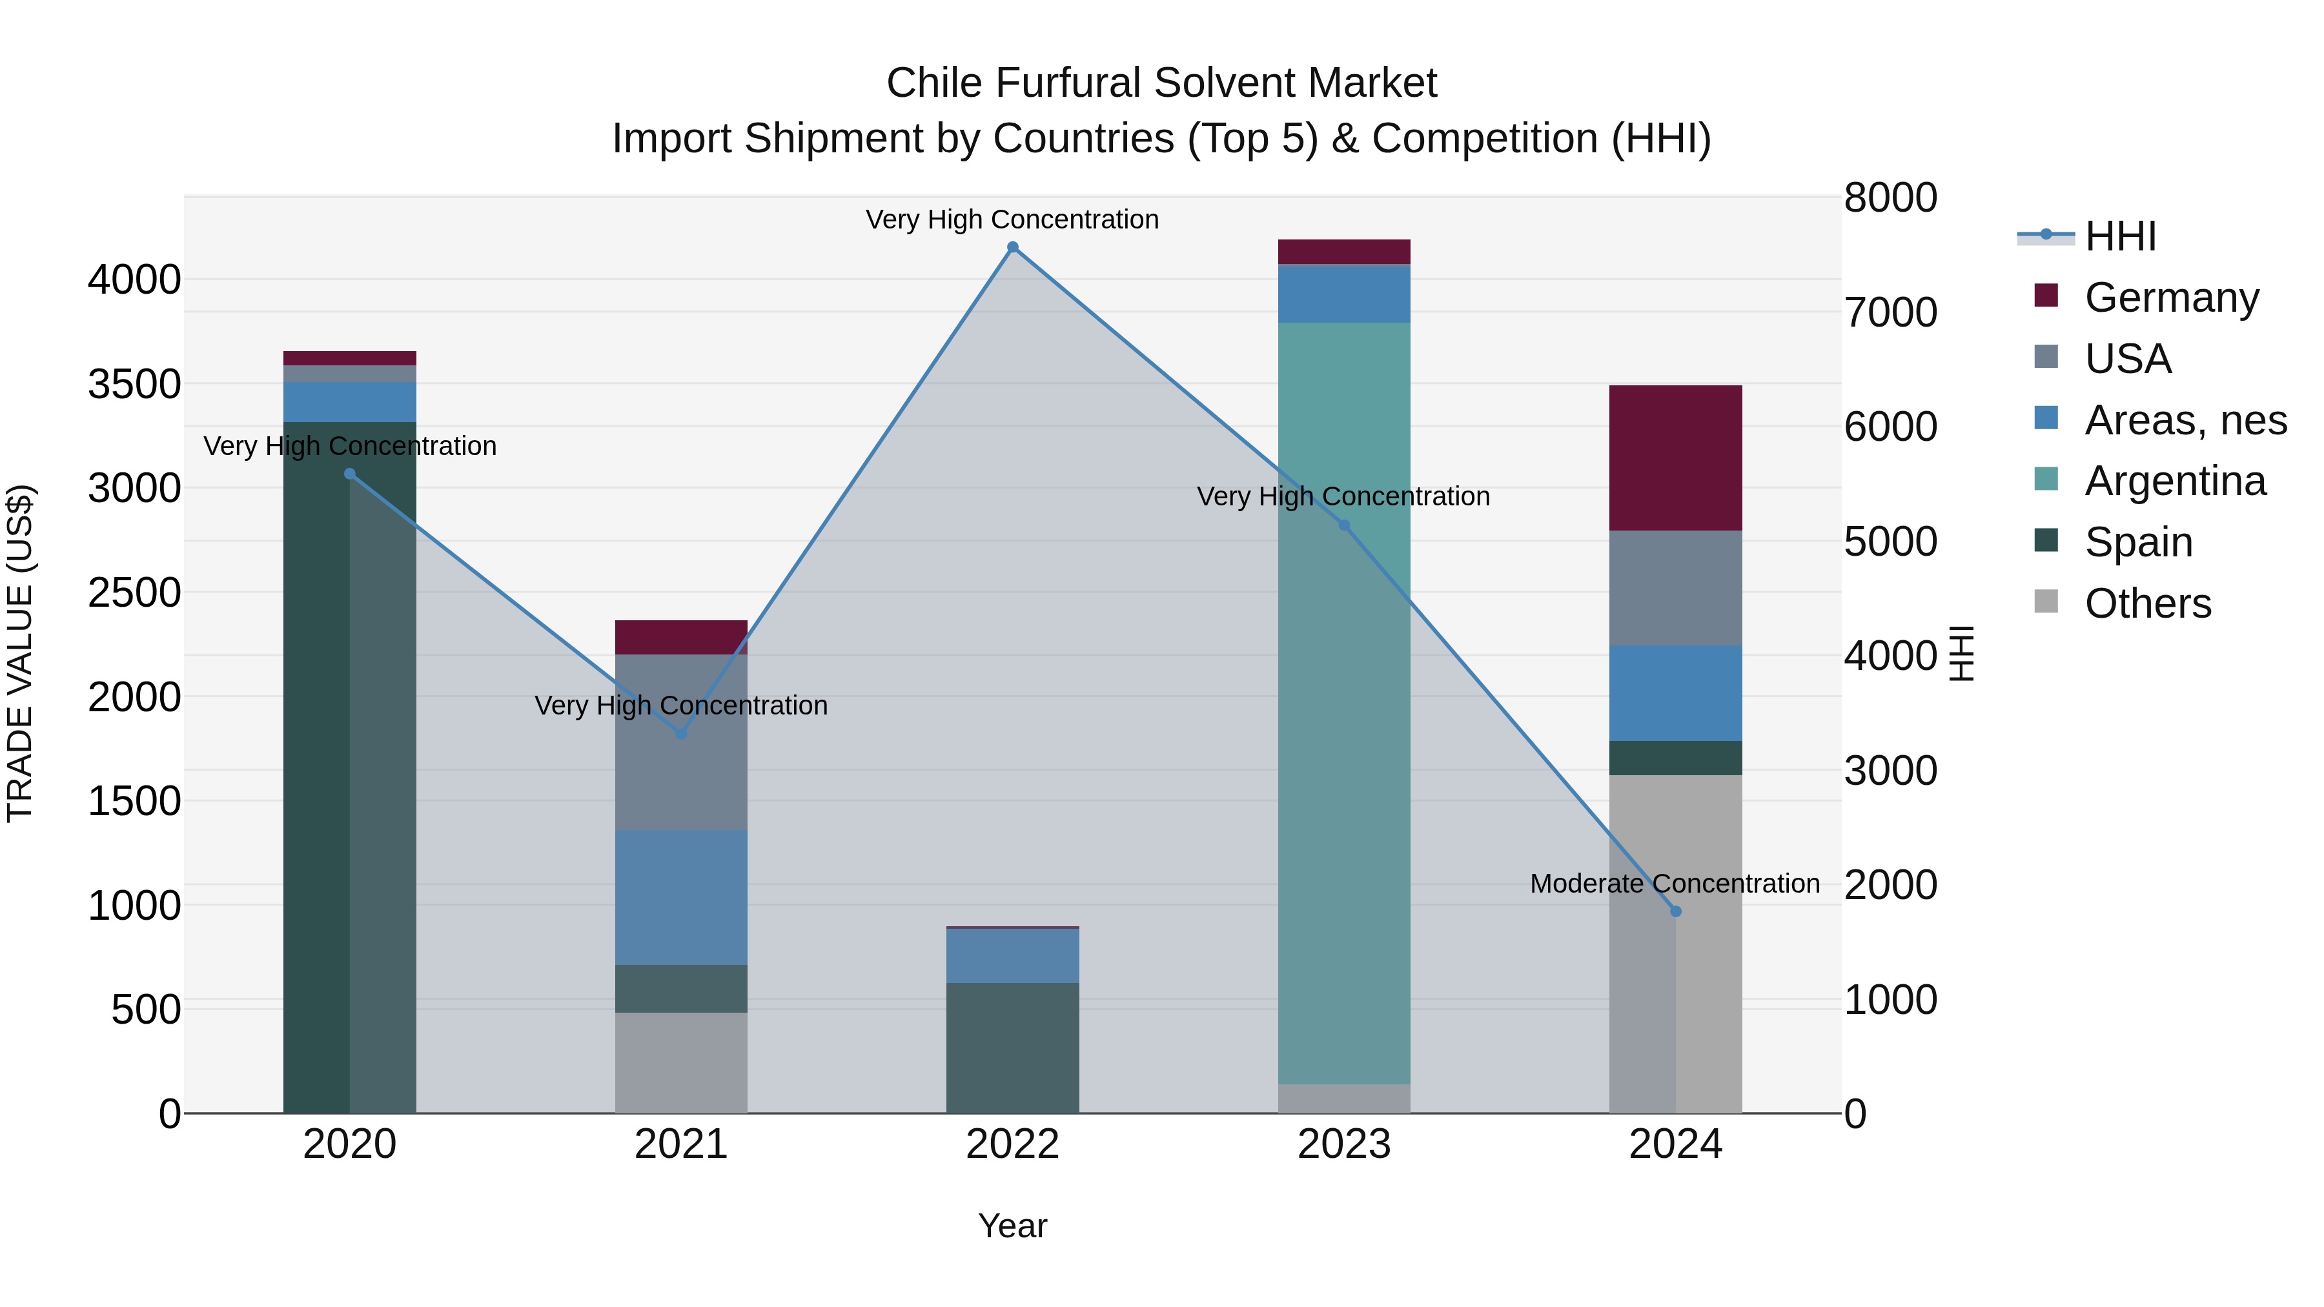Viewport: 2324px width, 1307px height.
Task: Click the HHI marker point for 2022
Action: pyautogui.click(x=1012, y=247)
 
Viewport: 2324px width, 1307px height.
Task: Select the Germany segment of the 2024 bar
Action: pyautogui.click(x=1675, y=458)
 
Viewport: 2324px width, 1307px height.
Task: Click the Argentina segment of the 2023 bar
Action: pyautogui.click(x=1344, y=704)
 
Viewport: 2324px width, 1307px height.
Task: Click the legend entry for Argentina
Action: pyautogui.click(x=2174, y=481)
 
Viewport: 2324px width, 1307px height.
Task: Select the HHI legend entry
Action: pyautogui.click(x=2120, y=236)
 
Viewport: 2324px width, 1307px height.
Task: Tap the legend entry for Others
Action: pyautogui.click(x=2147, y=603)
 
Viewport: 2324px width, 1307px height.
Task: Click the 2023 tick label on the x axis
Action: pyautogui.click(x=1344, y=1144)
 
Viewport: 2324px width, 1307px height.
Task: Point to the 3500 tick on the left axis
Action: pyautogui.click(x=134, y=384)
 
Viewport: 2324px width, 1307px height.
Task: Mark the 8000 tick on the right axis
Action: pyautogui.click(x=1890, y=198)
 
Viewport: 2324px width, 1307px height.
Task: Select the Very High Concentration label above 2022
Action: pyautogui.click(x=1012, y=220)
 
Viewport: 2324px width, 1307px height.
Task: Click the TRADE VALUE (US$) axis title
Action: pyautogui.click(x=20, y=653)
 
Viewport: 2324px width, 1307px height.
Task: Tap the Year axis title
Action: pyautogui.click(x=1012, y=1226)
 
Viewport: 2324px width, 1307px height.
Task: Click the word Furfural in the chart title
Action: pyautogui.click(x=1069, y=83)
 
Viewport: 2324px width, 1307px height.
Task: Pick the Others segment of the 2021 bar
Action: pyautogui.click(x=681, y=1062)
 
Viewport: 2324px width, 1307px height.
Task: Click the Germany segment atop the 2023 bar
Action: pyautogui.click(x=1344, y=252)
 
